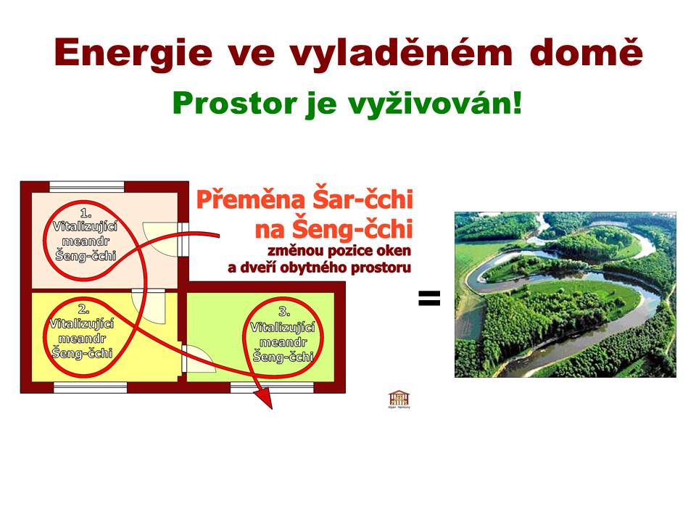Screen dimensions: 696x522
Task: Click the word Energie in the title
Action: (x=133, y=53)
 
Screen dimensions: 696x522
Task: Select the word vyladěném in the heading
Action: (x=401, y=53)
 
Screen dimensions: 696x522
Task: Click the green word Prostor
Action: (x=234, y=104)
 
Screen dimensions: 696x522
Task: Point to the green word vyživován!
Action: (x=434, y=104)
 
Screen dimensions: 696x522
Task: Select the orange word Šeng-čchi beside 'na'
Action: (x=353, y=229)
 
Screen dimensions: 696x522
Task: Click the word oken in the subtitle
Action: (x=394, y=251)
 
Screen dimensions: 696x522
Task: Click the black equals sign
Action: (x=429, y=298)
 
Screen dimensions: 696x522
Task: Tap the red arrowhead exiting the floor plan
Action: (x=265, y=399)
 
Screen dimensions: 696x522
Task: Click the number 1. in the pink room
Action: (x=86, y=212)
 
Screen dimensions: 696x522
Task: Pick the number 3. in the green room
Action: (x=284, y=312)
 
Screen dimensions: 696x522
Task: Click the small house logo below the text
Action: (x=399, y=399)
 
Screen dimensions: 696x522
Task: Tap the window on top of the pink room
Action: (x=86, y=186)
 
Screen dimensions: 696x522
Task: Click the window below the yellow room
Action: (x=91, y=387)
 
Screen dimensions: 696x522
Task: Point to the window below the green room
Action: (x=272, y=387)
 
